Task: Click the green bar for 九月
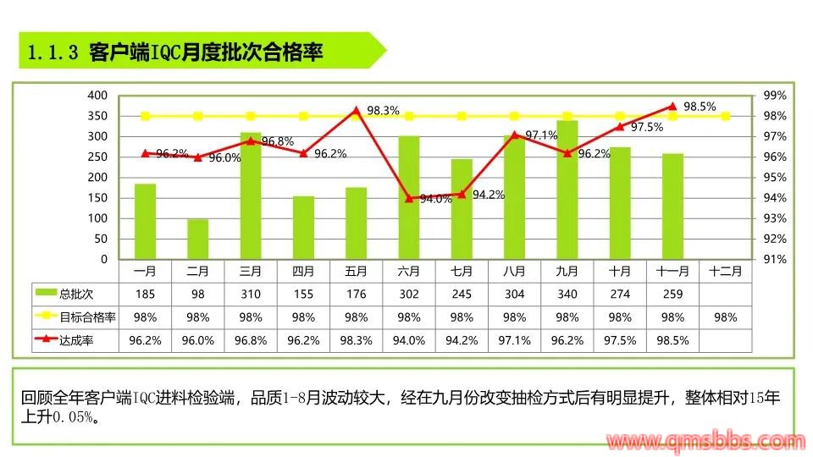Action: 567,190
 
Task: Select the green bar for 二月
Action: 197,240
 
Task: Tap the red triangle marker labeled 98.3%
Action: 356,110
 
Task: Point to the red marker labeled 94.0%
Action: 409,198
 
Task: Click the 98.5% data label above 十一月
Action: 700,107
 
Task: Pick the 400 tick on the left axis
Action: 97,96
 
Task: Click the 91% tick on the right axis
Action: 777,260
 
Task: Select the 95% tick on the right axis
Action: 777,178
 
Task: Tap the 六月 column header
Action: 409,272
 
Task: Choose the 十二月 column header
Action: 726,272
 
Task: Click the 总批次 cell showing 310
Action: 251,294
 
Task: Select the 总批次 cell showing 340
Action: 567,294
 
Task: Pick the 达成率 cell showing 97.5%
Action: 620,340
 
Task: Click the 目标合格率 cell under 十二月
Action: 726,317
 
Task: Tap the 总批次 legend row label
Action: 77,294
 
